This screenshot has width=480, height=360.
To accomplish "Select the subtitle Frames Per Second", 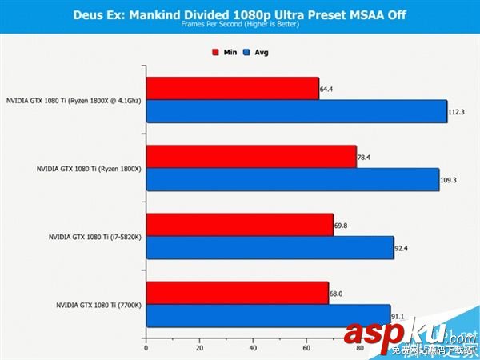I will point(239,25).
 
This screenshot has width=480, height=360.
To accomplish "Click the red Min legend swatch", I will point(215,52).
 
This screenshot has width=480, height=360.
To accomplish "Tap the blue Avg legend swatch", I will point(248,52).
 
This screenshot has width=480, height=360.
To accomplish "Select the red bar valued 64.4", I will point(232,89).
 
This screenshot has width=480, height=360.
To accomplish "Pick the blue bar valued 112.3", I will point(296,112).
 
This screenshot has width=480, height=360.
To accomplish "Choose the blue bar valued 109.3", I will point(292,180).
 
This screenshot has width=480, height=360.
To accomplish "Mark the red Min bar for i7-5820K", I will point(239,225).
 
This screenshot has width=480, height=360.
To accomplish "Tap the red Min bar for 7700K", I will point(237,293).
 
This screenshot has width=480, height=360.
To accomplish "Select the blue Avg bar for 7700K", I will point(268,316).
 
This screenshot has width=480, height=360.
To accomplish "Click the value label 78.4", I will point(364,158).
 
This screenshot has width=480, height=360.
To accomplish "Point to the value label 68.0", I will point(336,293).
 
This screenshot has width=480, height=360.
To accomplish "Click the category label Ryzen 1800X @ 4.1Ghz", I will point(72,101).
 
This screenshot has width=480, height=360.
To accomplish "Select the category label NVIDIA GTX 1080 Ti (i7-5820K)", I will point(93,237).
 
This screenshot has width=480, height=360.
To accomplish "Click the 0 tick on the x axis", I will point(146,349).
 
